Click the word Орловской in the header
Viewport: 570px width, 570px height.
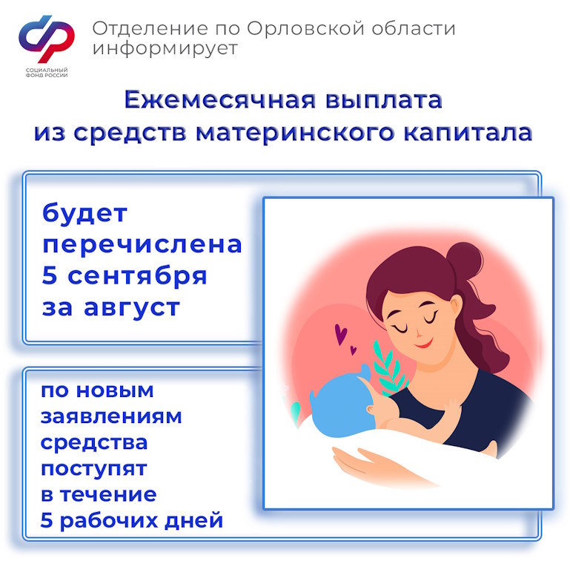click(x=305, y=28)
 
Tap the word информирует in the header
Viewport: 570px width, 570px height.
click(x=165, y=48)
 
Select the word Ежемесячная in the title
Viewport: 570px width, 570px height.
click(x=220, y=99)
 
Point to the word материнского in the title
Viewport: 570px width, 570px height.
click(x=295, y=133)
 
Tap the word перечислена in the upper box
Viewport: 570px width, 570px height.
click(x=142, y=245)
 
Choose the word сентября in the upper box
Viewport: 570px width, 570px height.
click(x=137, y=275)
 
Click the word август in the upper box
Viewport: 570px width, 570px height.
click(x=132, y=308)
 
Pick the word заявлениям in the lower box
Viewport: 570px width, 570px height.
click(x=111, y=416)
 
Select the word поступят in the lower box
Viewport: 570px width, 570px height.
click(x=94, y=469)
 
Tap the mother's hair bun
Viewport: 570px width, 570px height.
click(x=464, y=260)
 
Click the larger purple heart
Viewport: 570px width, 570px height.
click(x=341, y=334)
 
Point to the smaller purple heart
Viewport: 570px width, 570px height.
click(x=353, y=350)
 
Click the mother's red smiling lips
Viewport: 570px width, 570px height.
click(x=424, y=343)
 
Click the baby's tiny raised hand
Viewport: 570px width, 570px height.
click(x=453, y=406)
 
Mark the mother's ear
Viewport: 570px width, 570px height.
click(x=456, y=307)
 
